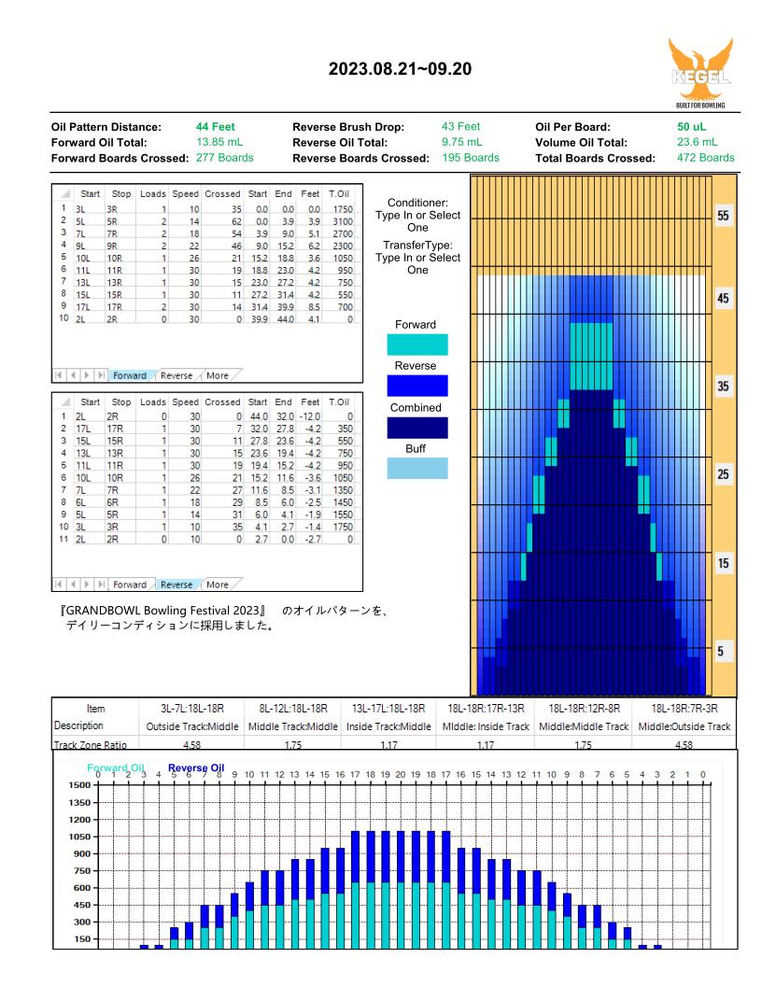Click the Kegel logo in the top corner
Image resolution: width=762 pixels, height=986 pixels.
[700, 73]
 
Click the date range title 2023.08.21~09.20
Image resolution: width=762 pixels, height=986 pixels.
[400, 69]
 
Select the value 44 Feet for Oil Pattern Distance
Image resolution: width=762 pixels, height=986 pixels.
[215, 126]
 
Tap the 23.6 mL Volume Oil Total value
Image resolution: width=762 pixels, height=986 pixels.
[697, 142]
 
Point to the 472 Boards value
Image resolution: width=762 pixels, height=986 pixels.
[705, 158]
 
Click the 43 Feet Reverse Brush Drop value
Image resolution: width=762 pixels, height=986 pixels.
[461, 126]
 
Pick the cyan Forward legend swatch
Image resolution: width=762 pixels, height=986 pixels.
[416, 345]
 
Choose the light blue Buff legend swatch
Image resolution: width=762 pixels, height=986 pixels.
[416, 469]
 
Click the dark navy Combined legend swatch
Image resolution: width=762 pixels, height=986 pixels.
[416, 428]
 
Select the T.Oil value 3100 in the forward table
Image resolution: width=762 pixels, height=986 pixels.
[343, 221]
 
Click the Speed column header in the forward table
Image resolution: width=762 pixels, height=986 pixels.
[186, 193]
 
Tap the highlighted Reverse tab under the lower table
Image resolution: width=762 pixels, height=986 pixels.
[176, 585]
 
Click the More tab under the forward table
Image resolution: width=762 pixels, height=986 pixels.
[218, 375]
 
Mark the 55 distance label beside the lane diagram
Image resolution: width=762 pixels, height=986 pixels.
[723, 216]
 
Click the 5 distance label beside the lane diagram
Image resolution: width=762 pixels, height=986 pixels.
[721, 651]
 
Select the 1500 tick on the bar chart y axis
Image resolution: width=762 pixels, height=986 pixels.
[80, 784]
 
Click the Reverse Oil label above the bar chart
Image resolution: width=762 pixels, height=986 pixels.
[196, 768]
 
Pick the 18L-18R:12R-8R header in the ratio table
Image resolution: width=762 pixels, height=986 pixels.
[584, 709]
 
